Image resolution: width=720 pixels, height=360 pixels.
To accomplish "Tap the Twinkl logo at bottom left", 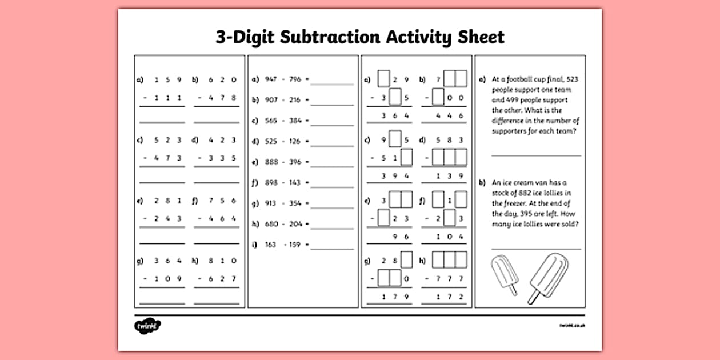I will pos(147,326).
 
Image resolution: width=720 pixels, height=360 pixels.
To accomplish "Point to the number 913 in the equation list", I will pos(271,203).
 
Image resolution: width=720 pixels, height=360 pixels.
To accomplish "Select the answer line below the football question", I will pos(536,155).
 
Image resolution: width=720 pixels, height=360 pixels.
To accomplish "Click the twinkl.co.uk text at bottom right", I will pos(573,326).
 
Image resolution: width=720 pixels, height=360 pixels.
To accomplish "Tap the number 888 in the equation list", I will pos(271,162).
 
